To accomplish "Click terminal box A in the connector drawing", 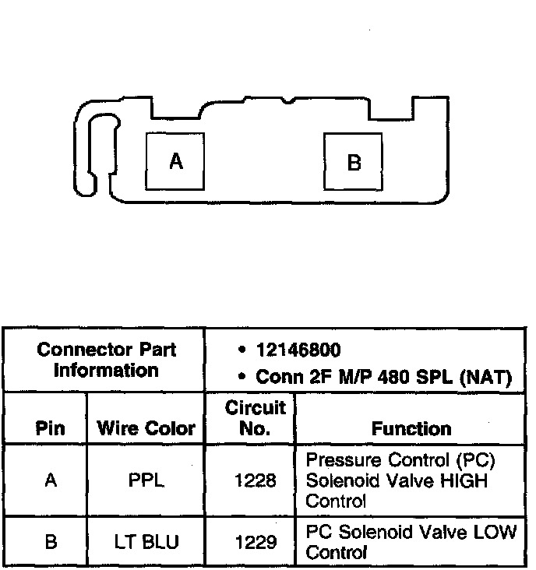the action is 175,161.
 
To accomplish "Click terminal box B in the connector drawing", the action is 353,162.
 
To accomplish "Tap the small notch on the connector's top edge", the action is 289,100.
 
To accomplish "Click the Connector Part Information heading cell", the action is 107,360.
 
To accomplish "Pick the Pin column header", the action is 50,428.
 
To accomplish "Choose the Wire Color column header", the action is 146,428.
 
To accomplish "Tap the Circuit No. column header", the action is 250,418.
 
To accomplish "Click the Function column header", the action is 411,428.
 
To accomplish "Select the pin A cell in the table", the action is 51,480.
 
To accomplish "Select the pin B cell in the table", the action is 51,541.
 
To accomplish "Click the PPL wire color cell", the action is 146,480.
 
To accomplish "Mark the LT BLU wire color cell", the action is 146,541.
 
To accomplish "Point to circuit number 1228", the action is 255,481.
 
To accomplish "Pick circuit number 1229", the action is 255,541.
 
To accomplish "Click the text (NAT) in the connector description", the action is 485,378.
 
